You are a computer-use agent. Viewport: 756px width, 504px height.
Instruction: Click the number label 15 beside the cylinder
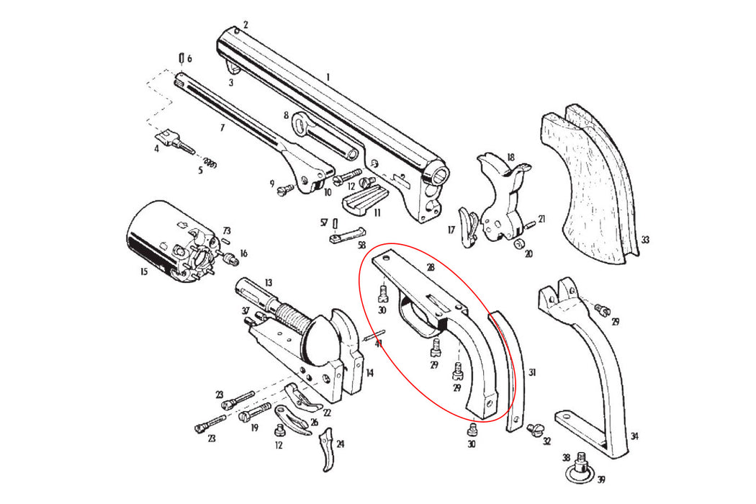click(x=143, y=271)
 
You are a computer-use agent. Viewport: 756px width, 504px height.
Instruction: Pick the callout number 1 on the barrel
click(x=328, y=76)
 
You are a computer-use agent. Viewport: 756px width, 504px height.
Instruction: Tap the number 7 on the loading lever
click(x=222, y=127)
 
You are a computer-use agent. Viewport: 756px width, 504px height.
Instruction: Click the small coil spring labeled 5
click(x=210, y=161)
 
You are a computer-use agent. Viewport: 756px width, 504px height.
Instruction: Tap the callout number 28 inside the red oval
click(x=430, y=267)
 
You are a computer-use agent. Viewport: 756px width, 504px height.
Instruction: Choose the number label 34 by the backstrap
click(x=634, y=436)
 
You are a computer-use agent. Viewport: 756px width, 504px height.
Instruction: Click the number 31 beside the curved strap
click(x=532, y=372)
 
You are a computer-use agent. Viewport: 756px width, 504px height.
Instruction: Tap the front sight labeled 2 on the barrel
click(x=236, y=31)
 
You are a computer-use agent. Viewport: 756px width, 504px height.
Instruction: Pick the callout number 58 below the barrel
click(x=361, y=245)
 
